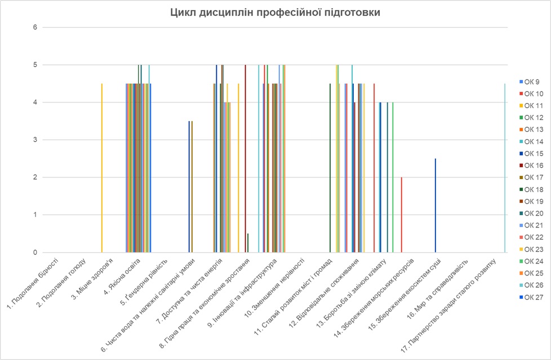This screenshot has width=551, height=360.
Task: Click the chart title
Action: point(275,12)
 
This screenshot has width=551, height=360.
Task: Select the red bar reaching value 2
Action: point(401,215)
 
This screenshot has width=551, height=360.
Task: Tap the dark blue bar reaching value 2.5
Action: point(436,206)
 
